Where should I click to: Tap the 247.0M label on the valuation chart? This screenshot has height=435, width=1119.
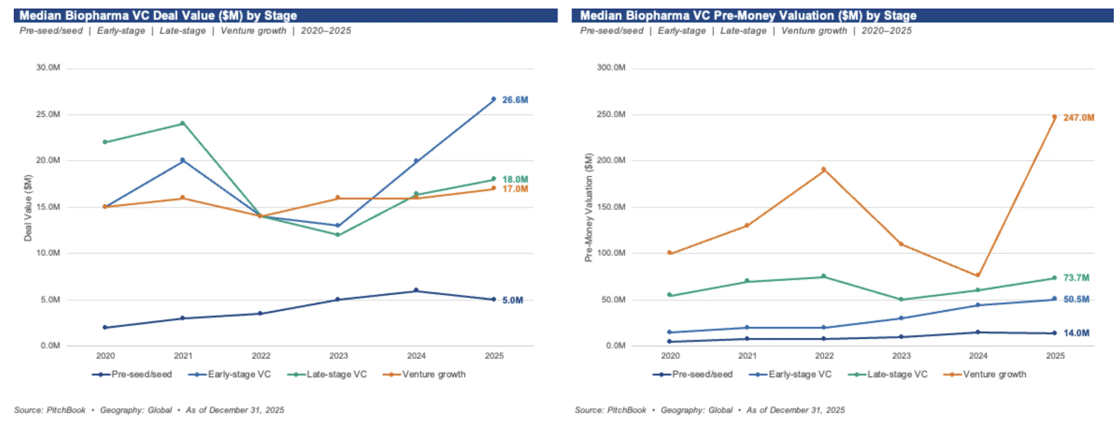click(x=1078, y=118)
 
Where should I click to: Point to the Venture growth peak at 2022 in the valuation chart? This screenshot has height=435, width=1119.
click(x=824, y=169)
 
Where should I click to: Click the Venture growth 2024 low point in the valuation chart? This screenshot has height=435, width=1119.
click(x=978, y=275)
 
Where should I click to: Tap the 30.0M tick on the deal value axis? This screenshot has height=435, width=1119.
click(x=48, y=68)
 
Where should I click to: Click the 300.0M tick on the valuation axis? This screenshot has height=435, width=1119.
click(x=611, y=68)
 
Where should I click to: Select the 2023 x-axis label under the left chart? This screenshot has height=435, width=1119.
click(x=338, y=356)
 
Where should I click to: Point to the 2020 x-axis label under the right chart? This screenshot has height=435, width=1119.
click(x=670, y=356)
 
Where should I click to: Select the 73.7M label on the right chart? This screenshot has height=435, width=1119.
click(x=1076, y=278)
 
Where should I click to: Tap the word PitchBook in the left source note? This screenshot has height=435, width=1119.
click(x=66, y=410)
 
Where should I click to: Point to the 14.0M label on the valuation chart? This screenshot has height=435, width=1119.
click(x=1076, y=333)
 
